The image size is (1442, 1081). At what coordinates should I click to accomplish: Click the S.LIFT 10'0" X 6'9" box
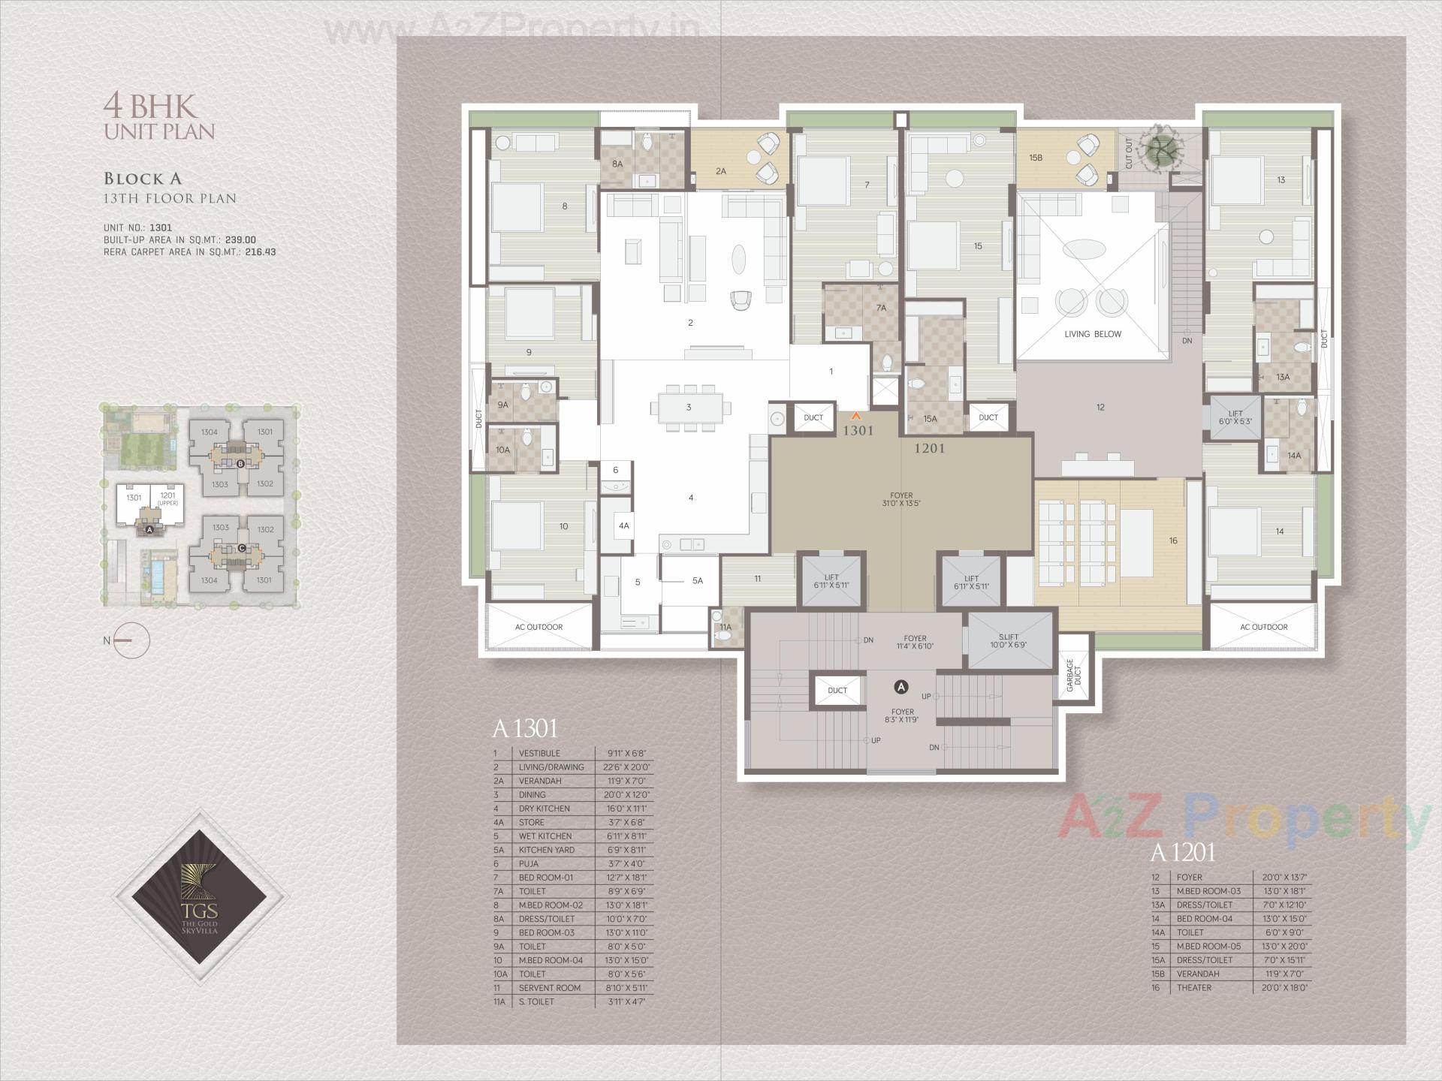pos(1009,641)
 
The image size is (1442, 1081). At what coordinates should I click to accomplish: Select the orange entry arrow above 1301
pos(855,415)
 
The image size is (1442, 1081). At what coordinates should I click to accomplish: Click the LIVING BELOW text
pos(1092,334)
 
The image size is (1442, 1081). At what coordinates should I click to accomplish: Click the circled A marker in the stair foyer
pos(901,687)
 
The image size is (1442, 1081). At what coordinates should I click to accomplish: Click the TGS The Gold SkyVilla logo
pos(199,896)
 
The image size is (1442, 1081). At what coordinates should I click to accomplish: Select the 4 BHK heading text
pos(149,106)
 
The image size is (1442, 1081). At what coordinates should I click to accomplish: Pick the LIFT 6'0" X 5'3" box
pos(1235,418)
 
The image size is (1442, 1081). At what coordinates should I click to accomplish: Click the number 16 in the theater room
pos(1172,540)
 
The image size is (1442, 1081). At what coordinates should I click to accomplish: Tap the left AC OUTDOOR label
pos(538,627)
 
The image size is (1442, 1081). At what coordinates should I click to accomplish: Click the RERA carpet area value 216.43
pos(260,252)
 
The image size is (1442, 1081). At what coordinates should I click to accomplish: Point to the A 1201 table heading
pos(1182,853)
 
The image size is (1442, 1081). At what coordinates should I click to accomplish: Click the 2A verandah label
pos(720,171)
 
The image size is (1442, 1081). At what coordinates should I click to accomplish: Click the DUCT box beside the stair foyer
pos(837,690)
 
